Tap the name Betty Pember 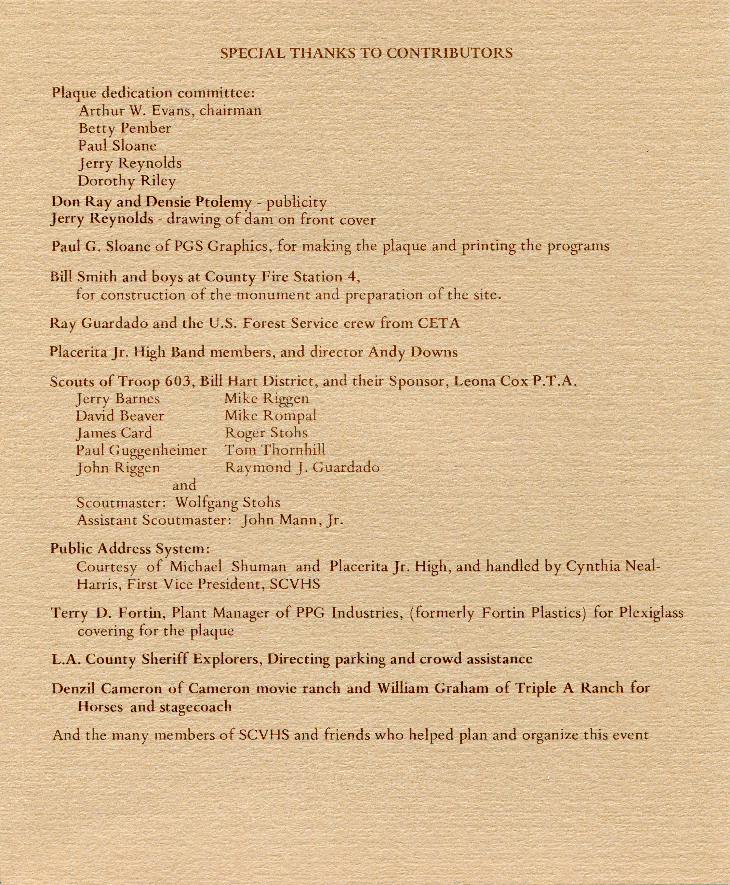coord(125,128)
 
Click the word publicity coord(297,203)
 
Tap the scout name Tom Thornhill coord(275,450)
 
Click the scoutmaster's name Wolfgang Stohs coord(228,503)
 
